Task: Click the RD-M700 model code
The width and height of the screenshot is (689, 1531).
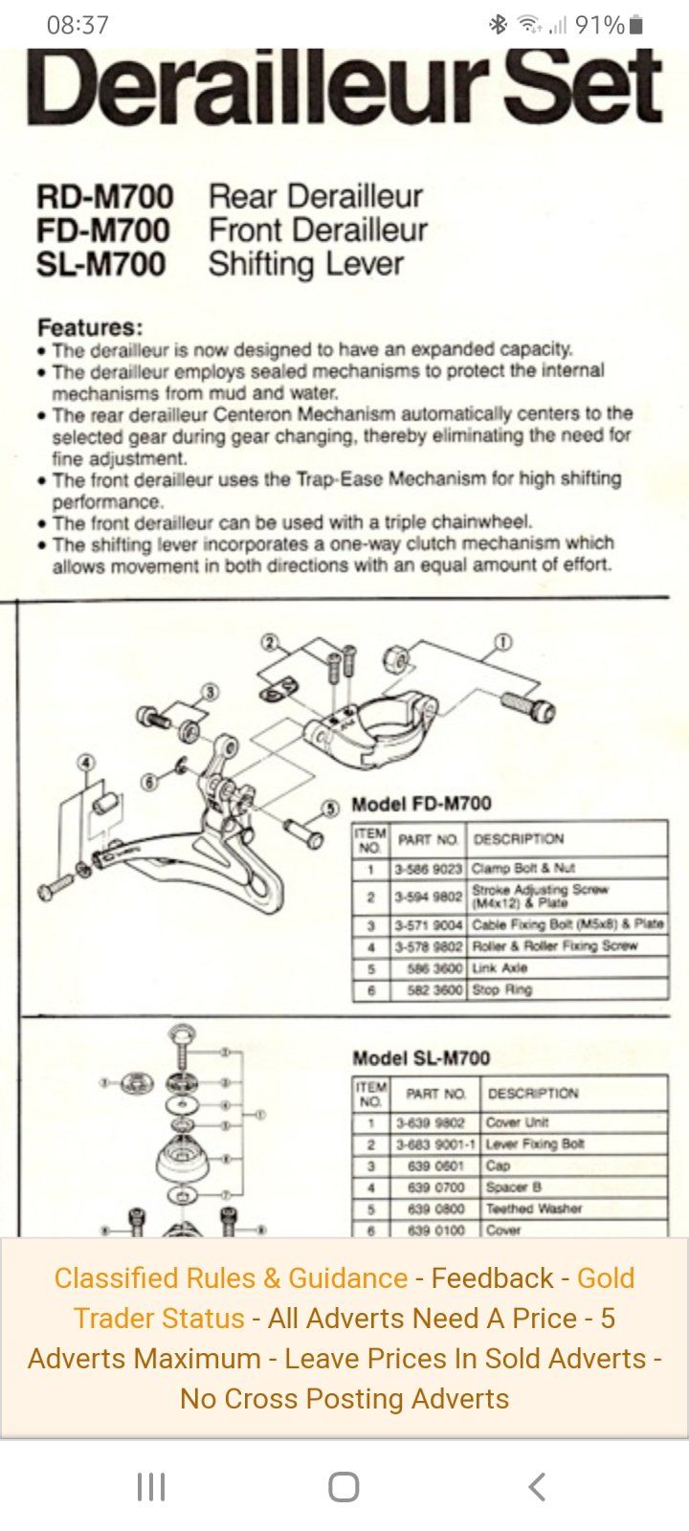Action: (105, 197)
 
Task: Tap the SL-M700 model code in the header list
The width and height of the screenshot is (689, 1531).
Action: (101, 264)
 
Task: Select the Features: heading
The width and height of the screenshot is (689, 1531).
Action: (90, 327)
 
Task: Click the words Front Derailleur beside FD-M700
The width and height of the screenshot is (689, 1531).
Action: (318, 231)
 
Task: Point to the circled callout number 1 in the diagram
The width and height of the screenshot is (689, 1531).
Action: (503, 642)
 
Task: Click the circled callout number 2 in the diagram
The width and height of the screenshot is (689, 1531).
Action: (270, 642)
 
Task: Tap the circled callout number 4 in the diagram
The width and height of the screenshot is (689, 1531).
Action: (87, 763)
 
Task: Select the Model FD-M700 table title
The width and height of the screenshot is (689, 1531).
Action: (421, 804)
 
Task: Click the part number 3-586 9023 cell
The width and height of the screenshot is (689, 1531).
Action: (428, 870)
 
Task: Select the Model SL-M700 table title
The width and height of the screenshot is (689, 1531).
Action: (421, 1057)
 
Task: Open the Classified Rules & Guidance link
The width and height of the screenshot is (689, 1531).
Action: (231, 1278)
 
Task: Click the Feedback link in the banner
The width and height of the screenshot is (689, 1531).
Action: (492, 1278)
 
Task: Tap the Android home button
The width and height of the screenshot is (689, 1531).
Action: (344, 1486)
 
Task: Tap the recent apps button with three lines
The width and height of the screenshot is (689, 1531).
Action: (151, 1486)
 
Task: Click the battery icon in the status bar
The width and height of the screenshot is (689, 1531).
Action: (637, 25)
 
